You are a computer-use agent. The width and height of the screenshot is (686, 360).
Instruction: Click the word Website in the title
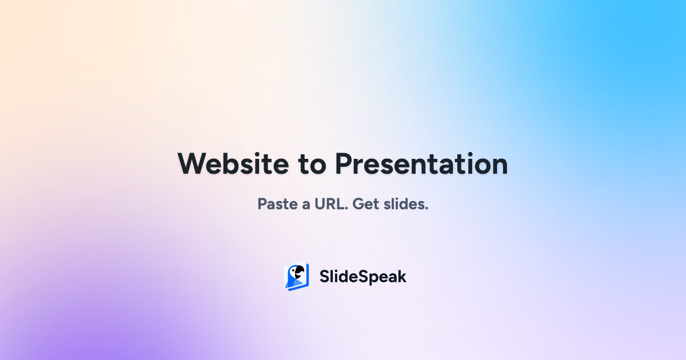point(233,164)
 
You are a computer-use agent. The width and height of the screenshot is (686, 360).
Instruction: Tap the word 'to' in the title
point(312,165)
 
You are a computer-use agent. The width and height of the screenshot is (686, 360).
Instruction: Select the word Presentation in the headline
point(421,164)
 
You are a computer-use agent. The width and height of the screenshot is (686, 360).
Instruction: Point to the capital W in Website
point(192,164)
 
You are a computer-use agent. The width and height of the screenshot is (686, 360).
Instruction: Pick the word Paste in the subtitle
point(277,204)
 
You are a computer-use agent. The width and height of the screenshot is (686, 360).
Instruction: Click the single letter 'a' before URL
point(306,205)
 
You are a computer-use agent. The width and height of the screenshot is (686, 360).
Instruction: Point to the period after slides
point(426,209)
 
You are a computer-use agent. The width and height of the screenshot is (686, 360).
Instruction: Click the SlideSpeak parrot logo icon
point(297,277)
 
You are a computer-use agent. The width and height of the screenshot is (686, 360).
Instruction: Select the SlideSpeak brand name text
point(362,277)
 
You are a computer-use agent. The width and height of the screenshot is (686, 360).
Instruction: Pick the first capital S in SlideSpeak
point(324,277)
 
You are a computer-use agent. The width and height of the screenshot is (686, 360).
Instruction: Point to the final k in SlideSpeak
point(402,277)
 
